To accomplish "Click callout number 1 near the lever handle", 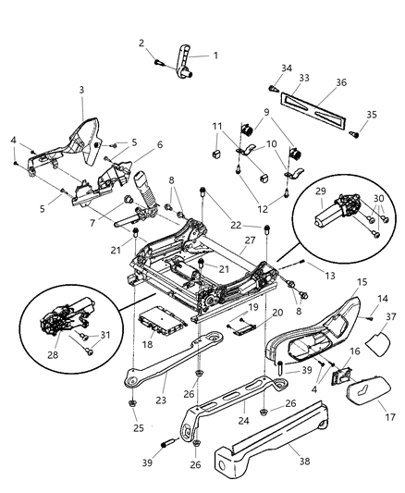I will [x=216, y=55].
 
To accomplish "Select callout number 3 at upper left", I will [x=81, y=89].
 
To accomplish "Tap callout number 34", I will [x=286, y=67].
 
